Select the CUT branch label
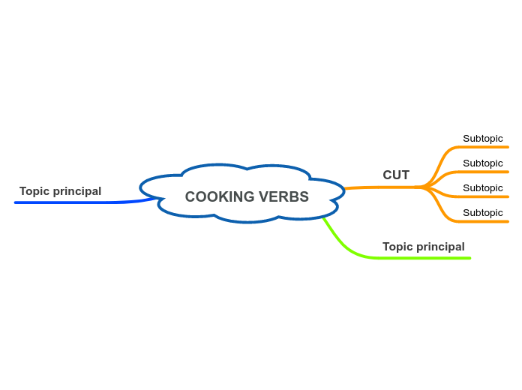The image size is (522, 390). (x=396, y=175)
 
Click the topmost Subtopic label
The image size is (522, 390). (x=482, y=139)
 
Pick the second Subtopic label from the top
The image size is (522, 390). (x=482, y=163)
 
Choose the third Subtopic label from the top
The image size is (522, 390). (x=482, y=188)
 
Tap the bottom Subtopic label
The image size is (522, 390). (x=482, y=213)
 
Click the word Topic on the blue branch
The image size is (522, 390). (x=34, y=191)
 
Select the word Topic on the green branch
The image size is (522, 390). (x=397, y=247)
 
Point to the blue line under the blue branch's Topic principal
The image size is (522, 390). (x=75, y=202)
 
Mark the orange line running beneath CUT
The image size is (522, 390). (x=382, y=187)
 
